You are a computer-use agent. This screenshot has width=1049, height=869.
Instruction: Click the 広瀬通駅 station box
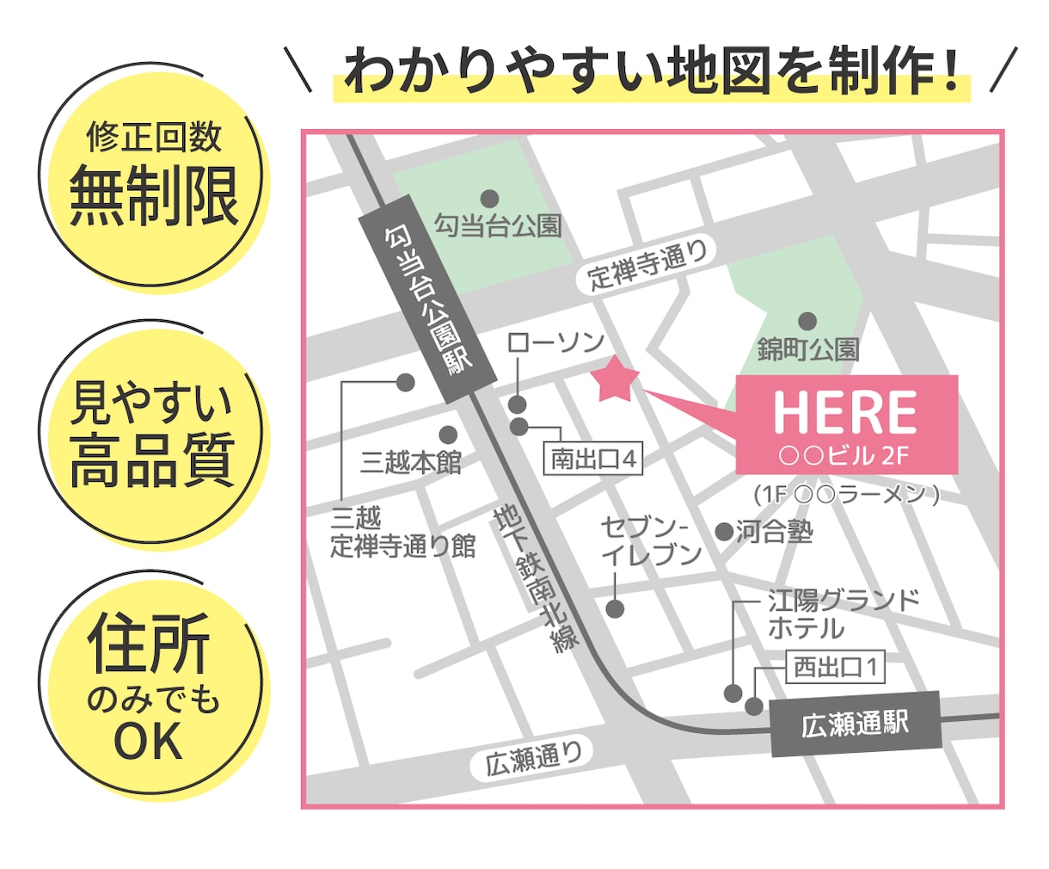point(855,724)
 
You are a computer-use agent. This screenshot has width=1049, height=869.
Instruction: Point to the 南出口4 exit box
point(593,459)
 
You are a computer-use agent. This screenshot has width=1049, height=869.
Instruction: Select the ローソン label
point(555,342)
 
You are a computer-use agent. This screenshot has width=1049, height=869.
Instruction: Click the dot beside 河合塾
point(724,532)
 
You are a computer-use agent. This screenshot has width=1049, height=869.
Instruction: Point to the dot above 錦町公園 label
point(807,322)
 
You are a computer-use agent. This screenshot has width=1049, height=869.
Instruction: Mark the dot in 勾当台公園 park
point(489,199)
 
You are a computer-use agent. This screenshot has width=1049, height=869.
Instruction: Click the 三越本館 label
point(410,462)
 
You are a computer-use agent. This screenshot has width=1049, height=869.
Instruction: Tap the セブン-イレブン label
point(650,540)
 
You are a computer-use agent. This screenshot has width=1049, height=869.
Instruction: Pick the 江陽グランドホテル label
point(843,613)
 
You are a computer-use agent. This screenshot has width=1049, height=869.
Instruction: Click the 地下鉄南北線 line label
point(535,578)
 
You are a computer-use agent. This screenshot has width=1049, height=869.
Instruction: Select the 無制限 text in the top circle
point(153,197)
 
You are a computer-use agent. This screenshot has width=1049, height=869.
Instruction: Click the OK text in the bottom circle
point(149,742)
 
